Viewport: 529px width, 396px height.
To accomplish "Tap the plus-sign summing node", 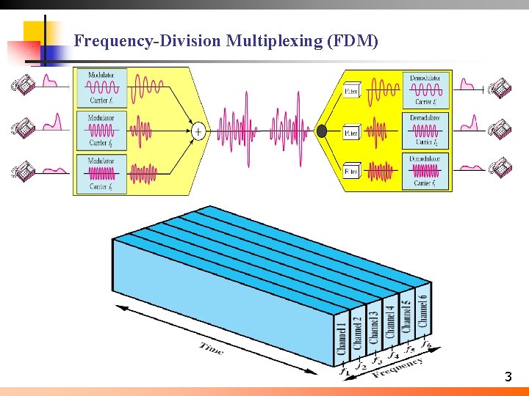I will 198,131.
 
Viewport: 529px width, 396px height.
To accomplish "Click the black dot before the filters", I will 321,131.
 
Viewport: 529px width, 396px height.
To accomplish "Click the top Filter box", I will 352,92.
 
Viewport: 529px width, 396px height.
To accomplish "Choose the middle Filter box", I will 352,133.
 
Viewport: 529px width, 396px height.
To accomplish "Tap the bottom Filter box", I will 352,172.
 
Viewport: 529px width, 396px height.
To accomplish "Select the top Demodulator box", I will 427,89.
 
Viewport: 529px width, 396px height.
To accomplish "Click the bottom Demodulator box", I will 427,171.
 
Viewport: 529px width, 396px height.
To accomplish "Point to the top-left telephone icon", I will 23,86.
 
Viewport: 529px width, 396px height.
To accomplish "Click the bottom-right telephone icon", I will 502,169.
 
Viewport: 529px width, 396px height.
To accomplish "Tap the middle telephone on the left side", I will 23,128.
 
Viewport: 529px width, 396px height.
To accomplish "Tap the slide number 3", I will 508,378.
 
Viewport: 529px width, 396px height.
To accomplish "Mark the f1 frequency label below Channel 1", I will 344,371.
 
